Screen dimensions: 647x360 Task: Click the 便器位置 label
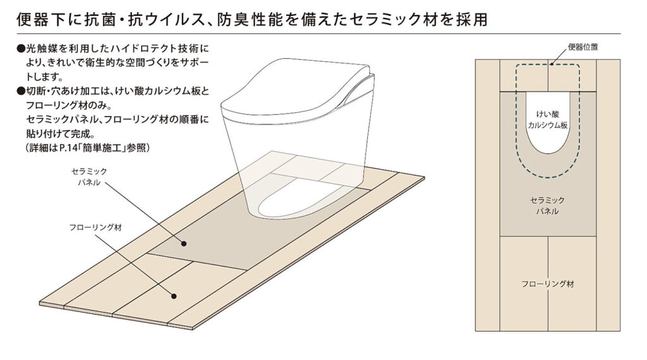583,47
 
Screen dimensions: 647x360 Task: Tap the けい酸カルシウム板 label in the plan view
548,119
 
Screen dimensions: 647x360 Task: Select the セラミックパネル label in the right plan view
547,206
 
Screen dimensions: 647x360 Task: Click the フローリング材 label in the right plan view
548,284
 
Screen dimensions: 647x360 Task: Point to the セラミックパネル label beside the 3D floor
89,176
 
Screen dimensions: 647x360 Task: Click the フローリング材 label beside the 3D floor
95,227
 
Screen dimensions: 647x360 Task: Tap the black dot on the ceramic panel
184,244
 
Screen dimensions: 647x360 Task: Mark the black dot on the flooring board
174,296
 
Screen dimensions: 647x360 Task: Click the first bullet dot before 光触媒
21,49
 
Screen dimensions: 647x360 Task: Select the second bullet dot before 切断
21,91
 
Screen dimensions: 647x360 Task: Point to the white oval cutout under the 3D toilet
295,204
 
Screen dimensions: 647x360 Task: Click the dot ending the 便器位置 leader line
551,64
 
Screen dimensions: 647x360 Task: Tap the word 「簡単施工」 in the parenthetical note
102,148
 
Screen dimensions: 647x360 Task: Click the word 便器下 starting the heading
39,20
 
